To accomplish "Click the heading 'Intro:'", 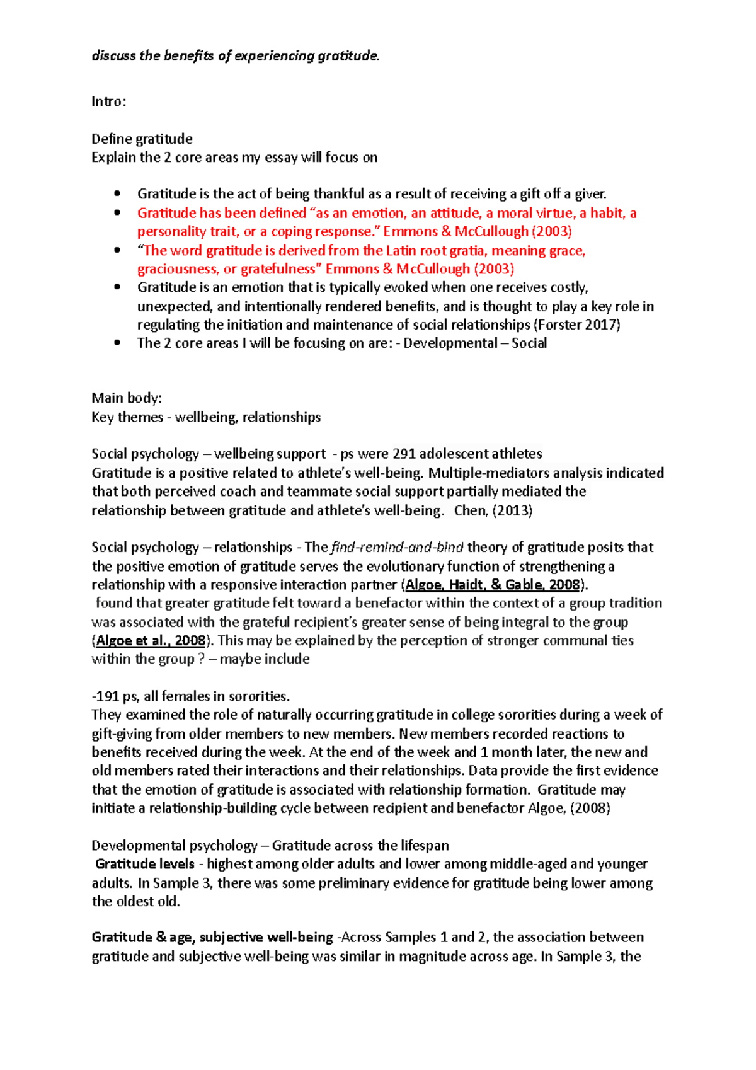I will [108, 101].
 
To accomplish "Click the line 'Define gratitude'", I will [142, 139].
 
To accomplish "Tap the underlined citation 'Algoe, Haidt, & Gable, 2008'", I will [492, 585].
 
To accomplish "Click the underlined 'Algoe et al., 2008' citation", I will [151, 641].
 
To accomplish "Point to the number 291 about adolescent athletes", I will [404, 454].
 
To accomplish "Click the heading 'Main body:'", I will [127, 398].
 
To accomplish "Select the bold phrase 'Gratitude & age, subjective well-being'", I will [212, 937].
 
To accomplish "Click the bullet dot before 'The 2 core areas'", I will [117, 343].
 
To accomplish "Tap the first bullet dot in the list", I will [117, 194].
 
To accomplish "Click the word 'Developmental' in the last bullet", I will [450, 343].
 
